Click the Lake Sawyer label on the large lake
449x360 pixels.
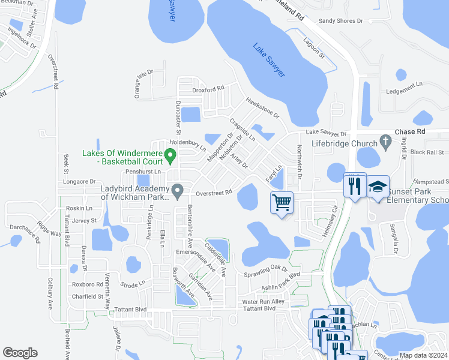point(268,59)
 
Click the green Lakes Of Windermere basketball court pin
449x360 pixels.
point(170,157)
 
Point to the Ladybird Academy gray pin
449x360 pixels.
point(177,191)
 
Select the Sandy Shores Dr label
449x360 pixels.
point(340,20)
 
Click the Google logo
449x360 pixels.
point(20,353)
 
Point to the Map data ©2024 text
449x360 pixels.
point(423,355)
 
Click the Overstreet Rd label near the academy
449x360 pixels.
point(214,193)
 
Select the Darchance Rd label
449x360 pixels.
point(29,233)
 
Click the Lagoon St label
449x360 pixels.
point(313,50)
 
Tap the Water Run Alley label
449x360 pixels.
point(263,302)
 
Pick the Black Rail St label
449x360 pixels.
point(427,152)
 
